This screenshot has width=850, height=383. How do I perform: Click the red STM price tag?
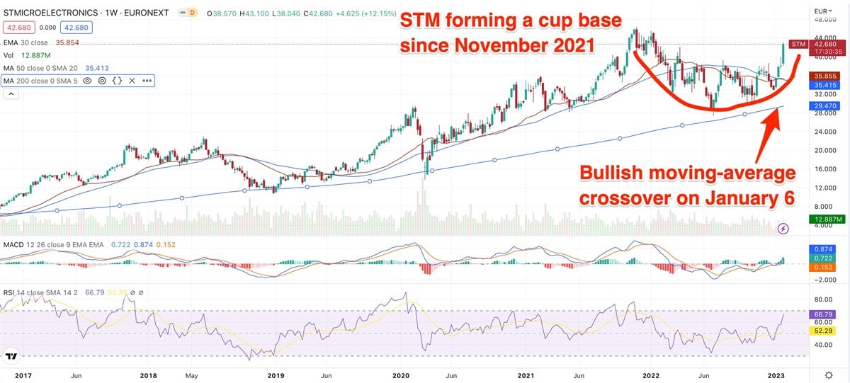798,45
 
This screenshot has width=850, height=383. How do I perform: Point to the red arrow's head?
778,113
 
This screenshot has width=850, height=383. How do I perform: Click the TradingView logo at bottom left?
12,356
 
